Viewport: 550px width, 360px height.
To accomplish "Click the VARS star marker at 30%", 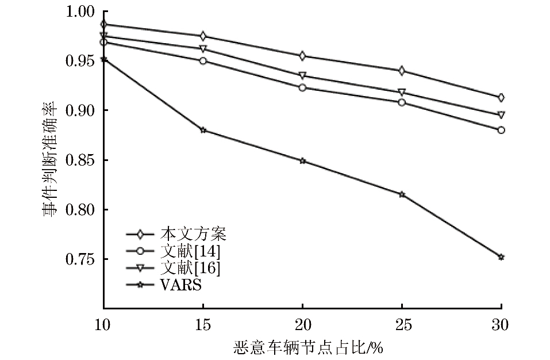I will pos(501,257).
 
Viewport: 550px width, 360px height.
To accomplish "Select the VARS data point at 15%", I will pos(203,130).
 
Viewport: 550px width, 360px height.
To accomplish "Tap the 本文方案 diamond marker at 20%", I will pos(302,56).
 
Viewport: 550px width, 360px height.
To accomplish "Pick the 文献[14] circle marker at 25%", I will pos(402,102).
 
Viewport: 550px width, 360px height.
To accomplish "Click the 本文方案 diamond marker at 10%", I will pos(103,24).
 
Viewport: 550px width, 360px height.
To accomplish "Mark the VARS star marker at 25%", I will pos(402,194).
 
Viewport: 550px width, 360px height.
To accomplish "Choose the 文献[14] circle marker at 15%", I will pos(203,60).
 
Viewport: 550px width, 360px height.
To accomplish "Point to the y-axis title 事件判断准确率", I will pos(51,160).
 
